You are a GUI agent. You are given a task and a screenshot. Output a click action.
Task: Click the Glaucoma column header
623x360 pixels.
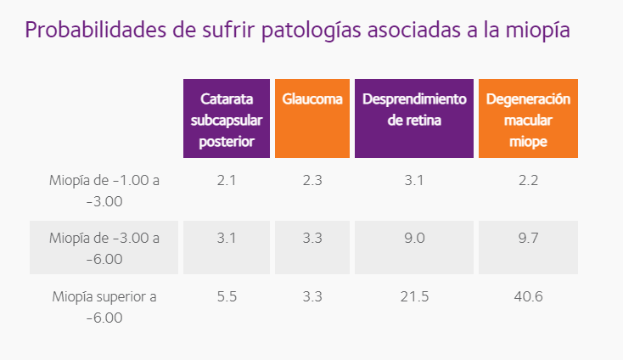pyautogui.click(x=312, y=99)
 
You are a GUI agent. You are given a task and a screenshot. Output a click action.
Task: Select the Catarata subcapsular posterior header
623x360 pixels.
pyautogui.click(x=227, y=120)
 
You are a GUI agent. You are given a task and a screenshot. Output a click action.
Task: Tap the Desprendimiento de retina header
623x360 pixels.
pyautogui.click(x=414, y=110)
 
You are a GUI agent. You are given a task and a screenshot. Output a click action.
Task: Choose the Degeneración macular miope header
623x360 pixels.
pyautogui.click(x=528, y=120)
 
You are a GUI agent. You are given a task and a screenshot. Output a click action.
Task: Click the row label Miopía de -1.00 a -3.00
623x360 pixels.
pyautogui.click(x=104, y=190)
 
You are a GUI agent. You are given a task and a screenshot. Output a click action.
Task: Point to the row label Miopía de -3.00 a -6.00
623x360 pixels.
pyautogui.click(x=104, y=248)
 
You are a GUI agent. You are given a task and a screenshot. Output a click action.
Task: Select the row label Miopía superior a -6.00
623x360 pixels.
pyautogui.click(x=104, y=307)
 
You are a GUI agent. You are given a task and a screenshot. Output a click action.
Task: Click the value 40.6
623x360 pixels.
pyautogui.click(x=528, y=297)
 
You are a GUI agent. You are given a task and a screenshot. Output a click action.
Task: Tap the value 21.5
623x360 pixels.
pyautogui.click(x=414, y=297)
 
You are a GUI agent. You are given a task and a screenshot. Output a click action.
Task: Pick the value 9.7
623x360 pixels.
pyautogui.click(x=528, y=239)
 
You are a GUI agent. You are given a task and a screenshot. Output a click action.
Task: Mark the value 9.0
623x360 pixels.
pyautogui.click(x=414, y=239)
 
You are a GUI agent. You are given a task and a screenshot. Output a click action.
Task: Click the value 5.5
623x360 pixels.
pyautogui.click(x=226, y=297)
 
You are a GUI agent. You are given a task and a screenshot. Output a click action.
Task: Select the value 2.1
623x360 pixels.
pyautogui.click(x=226, y=180)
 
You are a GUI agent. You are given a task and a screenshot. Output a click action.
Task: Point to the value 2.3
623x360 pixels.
pyautogui.click(x=312, y=180)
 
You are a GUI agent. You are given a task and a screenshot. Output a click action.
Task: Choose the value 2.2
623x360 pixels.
pyautogui.click(x=528, y=180)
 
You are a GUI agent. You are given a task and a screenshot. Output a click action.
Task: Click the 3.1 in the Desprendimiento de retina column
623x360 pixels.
pyautogui.click(x=414, y=180)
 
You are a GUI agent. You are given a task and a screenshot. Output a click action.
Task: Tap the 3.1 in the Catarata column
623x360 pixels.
pyautogui.click(x=226, y=239)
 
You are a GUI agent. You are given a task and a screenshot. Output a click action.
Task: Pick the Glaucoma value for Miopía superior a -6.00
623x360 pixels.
pyautogui.click(x=312, y=297)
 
